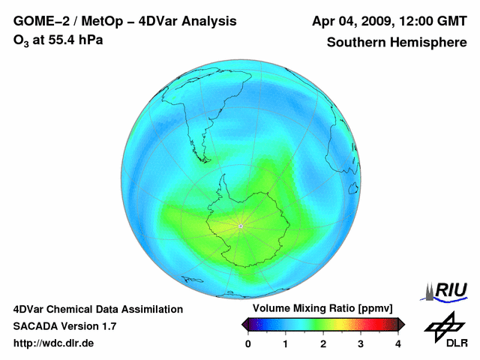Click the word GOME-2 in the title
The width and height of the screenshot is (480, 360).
pyautogui.click(x=37, y=21)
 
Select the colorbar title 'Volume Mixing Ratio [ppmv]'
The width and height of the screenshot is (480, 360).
pyautogui.click(x=322, y=309)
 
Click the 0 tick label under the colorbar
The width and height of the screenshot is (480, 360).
pyautogui.click(x=248, y=343)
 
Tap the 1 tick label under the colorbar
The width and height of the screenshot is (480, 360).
pyautogui.click(x=286, y=343)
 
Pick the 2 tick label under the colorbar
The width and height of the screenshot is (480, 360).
pyautogui.click(x=323, y=343)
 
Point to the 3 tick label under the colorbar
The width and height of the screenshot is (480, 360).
pyautogui.click(x=361, y=343)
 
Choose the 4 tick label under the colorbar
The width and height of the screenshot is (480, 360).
pyautogui.click(x=398, y=343)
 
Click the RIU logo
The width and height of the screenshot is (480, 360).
pyautogui.click(x=447, y=289)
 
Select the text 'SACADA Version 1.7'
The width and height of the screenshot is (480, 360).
pyautogui.click(x=64, y=326)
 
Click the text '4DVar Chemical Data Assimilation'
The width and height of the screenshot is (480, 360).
pyautogui.click(x=97, y=309)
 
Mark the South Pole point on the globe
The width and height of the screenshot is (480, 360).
pyautogui.click(x=240, y=225)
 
